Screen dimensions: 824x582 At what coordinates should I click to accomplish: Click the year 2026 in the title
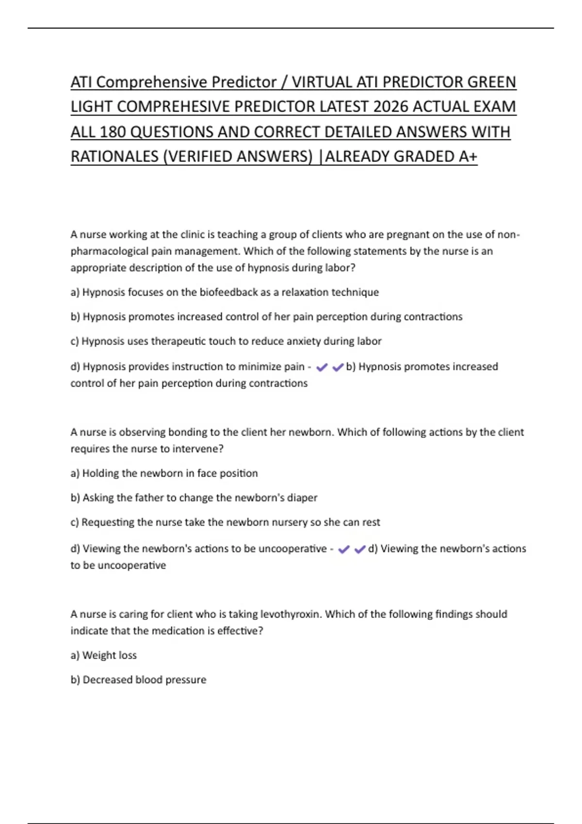click(x=391, y=107)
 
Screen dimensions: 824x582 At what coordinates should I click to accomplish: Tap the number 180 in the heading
click(x=113, y=132)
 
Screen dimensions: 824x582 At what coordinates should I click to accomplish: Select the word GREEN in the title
click(x=491, y=82)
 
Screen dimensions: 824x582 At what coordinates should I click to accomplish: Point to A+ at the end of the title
click(x=468, y=157)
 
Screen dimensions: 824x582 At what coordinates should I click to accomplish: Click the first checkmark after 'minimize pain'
click(x=322, y=368)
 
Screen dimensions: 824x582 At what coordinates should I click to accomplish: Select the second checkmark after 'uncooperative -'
click(x=360, y=550)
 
